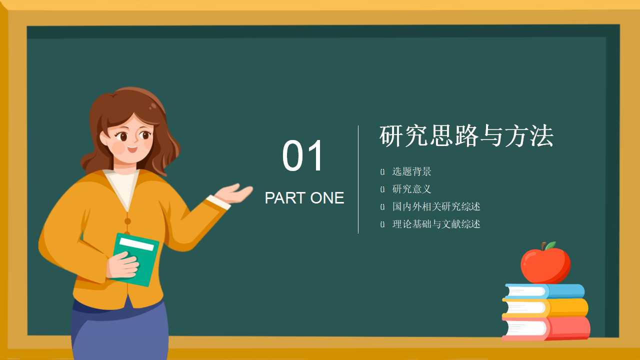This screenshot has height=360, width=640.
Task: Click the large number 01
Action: pos(303,156)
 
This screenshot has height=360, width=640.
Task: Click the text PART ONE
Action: pos(304,198)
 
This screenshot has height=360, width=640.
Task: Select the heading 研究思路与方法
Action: pos(466,136)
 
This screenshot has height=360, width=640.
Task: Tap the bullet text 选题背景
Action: pos(411,171)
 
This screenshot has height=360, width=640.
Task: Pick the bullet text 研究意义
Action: pos(411,189)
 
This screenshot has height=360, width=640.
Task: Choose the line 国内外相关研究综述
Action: pos(436,206)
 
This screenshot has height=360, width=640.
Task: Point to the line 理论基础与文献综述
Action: pos(436,224)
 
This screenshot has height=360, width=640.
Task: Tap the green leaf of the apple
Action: pos(550,245)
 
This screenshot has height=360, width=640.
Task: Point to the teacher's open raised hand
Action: pos(235,193)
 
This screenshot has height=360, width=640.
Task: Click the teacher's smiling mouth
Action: pos(132,148)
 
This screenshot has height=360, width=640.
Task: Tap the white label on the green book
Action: pos(136,243)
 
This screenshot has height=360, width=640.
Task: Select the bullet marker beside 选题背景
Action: pos(382,172)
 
